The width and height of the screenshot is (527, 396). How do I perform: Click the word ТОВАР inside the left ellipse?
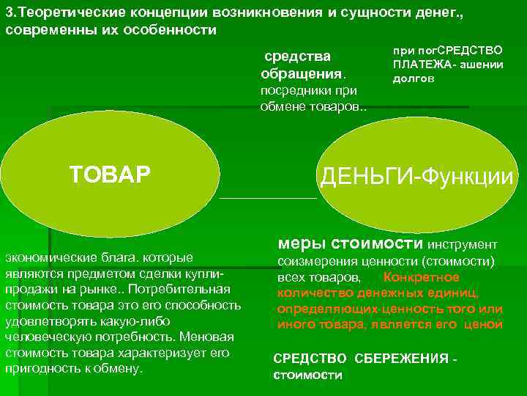pyautogui.click(x=110, y=174)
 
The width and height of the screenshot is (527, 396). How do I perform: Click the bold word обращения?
pyautogui.click(x=301, y=74)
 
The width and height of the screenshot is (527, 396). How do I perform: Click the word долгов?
pyautogui.click(x=414, y=78)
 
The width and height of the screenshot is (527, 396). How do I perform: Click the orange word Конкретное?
pyautogui.click(x=422, y=277)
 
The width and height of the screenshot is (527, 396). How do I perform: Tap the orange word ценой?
pyautogui.click(x=483, y=324)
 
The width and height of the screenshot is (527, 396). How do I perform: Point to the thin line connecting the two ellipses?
pyautogui.click(x=268, y=198)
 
